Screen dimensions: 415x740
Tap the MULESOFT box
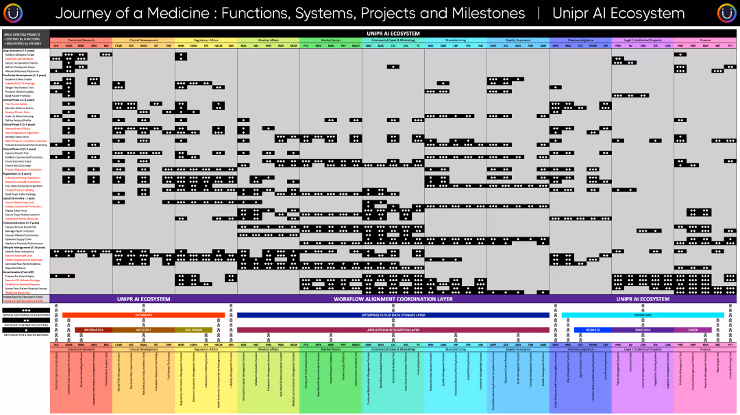[x=143, y=330]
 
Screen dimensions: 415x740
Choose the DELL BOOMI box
[x=194, y=330]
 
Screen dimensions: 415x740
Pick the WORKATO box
[x=593, y=330]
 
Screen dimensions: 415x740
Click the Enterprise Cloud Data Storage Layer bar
[x=393, y=316]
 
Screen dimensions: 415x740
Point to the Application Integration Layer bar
[x=393, y=330]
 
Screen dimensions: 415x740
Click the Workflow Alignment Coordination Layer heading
[x=393, y=300]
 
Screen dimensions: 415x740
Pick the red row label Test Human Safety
[x=16, y=104]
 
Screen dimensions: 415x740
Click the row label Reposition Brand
[x=16, y=267]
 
